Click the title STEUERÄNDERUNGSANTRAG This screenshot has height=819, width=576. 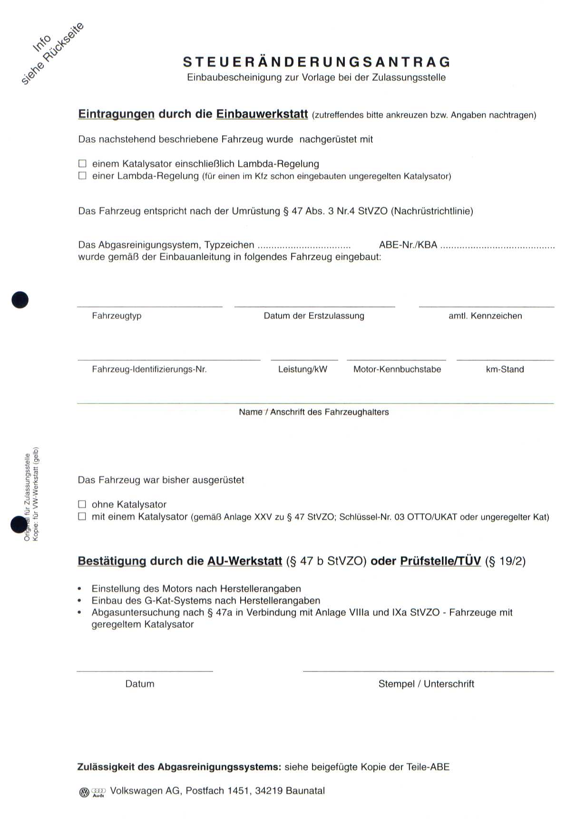[316, 62]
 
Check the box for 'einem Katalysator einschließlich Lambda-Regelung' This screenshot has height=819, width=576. [82, 164]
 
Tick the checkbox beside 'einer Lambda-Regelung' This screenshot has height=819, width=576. [82, 176]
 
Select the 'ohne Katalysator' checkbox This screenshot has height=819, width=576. [82, 504]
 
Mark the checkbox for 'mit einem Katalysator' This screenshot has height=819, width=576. [82, 516]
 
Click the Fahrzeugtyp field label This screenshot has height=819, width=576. [117, 316]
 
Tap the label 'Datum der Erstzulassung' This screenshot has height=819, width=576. [314, 316]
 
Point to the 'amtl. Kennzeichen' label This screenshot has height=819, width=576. [485, 316]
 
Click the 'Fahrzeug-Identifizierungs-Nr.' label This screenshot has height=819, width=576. [149, 369]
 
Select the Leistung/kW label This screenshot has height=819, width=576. [303, 369]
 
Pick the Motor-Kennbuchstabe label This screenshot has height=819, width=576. [397, 369]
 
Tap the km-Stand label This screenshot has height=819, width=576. [505, 369]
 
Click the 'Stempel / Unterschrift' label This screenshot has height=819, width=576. [426, 684]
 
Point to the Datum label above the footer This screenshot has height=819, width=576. [140, 684]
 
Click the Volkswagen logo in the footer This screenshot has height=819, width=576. [84, 792]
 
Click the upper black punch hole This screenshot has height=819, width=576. [20, 300]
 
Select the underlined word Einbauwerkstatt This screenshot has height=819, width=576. [262, 114]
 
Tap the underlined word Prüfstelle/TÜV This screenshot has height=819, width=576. [440, 561]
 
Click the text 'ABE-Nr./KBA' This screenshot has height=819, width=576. [408, 245]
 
